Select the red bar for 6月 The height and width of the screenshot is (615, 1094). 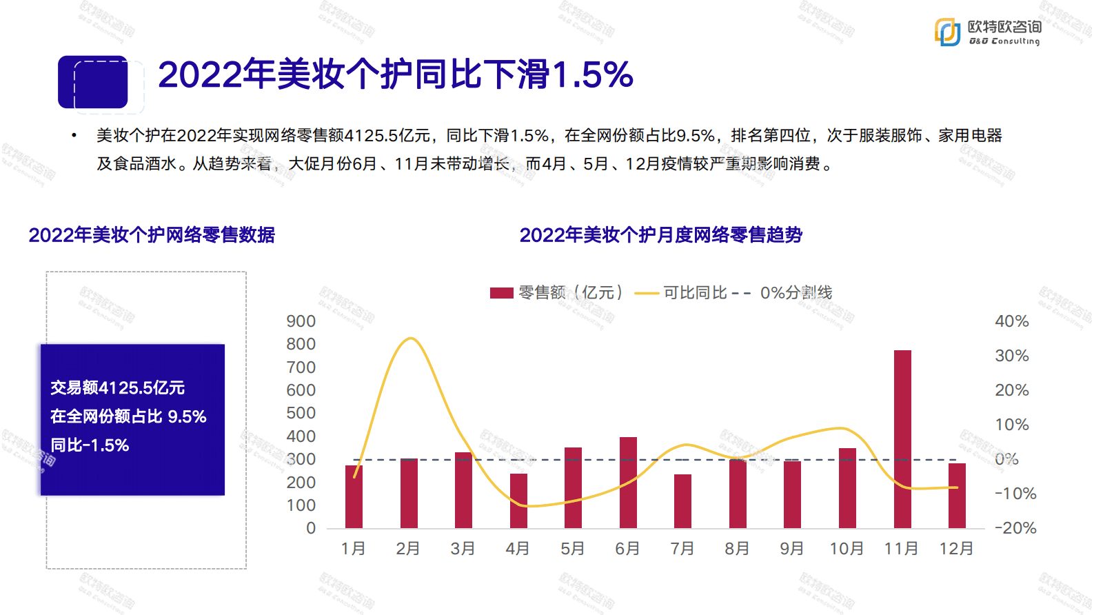tap(628, 482)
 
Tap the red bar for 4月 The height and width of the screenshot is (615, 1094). tap(518, 501)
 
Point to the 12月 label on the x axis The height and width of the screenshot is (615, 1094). tap(956, 549)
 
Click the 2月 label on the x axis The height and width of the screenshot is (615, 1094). tap(408, 549)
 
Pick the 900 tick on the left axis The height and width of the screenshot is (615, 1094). tap(301, 321)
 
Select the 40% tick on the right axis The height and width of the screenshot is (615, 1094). tap(1011, 321)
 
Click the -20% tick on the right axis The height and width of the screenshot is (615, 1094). tap(1015, 528)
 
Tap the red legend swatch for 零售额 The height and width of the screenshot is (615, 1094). tap(501, 293)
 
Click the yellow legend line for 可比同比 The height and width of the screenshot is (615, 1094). tap(647, 293)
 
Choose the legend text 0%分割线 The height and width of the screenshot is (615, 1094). tap(796, 293)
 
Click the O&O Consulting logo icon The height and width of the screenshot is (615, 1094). tap(947, 32)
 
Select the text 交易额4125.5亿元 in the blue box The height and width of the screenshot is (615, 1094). tap(117, 388)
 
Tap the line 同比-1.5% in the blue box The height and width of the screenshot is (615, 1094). tap(90, 445)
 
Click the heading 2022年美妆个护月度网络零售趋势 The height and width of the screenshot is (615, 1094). tap(660, 235)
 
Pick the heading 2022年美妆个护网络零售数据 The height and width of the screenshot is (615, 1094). tap(152, 235)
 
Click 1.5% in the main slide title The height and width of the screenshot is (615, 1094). tap(593, 74)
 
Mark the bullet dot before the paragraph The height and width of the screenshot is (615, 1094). tap(74, 135)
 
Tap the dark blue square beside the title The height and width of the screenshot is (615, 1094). tap(93, 83)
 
